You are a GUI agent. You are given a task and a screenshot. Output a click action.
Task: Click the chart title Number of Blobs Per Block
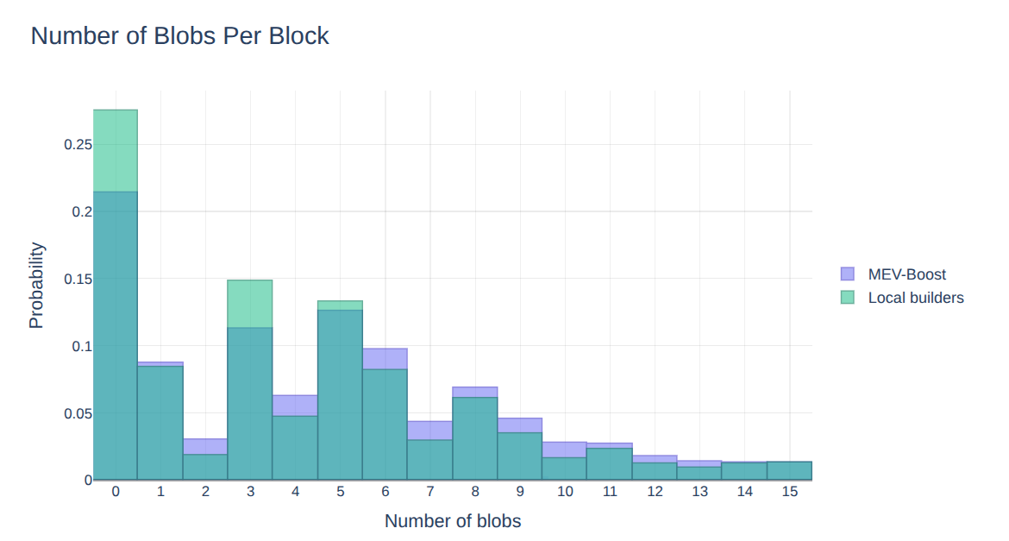pyautogui.click(x=179, y=36)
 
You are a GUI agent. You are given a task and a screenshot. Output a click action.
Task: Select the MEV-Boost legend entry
pyautogui.click(x=906, y=274)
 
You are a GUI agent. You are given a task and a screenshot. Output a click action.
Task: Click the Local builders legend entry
pyautogui.click(x=915, y=298)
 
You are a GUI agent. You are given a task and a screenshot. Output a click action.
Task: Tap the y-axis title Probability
pyautogui.click(x=36, y=285)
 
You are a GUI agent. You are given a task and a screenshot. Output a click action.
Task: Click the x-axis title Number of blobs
pyautogui.click(x=452, y=521)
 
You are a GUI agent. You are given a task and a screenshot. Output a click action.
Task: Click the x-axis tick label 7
pyautogui.click(x=430, y=492)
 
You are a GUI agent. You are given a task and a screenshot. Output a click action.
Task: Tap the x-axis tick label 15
pyautogui.click(x=789, y=492)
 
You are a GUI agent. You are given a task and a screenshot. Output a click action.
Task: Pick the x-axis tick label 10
pyautogui.click(x=565, y=492)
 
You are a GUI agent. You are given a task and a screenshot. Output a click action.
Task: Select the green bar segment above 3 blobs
pyautogui.click(x=250, y=303)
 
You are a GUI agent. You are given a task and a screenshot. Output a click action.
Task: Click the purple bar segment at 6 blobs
pyautogui.click(x=385, y=358)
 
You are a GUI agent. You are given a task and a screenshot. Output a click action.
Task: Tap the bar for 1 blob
pyautogui.click(x=160, y=423)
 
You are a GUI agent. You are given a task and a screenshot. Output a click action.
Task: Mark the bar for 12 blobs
pyautogui.click(x=655, y=470)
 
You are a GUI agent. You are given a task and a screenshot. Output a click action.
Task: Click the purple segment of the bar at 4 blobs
pyautogui.click(x=295, y=406)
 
